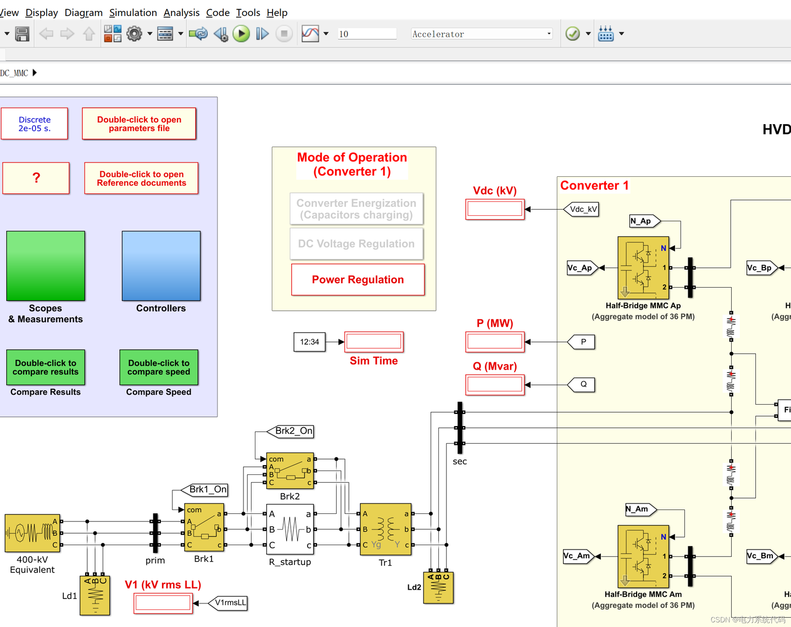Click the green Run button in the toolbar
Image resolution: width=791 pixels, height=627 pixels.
[241, 34]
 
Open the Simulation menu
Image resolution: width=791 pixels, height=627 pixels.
[133, 13]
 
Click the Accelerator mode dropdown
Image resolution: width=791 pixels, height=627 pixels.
[481, 34]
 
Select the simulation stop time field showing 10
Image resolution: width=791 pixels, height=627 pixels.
[366, 34]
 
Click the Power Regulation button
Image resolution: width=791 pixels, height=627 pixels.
[358, 279]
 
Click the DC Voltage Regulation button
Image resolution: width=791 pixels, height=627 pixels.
[356, 244]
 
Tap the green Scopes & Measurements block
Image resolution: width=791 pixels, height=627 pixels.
[46, 266]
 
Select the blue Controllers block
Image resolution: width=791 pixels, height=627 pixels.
[161, 266]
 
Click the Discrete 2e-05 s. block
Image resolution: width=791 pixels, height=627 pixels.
[35, 124]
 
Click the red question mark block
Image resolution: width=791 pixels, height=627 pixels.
[36, 178]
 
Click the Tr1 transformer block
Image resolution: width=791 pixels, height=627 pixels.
[386, 529]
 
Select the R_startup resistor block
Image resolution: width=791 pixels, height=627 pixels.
[290, 529]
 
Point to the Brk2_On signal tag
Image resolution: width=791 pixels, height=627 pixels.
[291, 432]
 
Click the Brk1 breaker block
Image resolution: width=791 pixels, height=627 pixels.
[204, 527]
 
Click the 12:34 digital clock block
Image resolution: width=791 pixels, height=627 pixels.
[309, 342]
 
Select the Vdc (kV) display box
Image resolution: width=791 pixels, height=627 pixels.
[494, 209]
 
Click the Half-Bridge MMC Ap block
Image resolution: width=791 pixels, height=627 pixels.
[643, 268]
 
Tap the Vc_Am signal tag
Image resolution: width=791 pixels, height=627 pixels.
[578, 556]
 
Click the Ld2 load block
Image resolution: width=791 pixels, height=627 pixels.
[438, 587]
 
